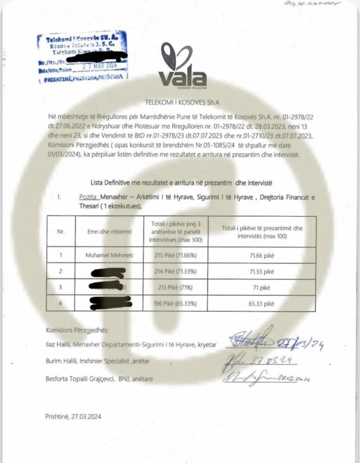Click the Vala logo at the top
[x=182, y=68]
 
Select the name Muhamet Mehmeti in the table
[x=109, y=255]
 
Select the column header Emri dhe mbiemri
[x=109, y=231]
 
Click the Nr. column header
[x=61, y=231]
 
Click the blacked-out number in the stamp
[x=102, y=58]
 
